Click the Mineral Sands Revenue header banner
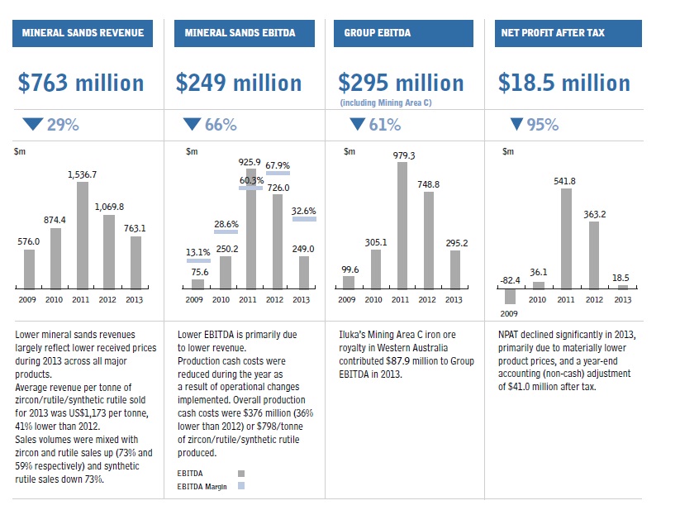point(83,34)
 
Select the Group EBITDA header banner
point(403,34)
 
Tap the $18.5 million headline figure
point(564,83)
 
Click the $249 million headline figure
point(239,83)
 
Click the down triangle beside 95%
point(517,125)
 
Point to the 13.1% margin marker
point(198,260)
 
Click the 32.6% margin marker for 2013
point(304,218)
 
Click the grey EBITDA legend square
point(241,474)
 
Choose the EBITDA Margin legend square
point(241,486)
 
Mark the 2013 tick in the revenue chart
point(136,299)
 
